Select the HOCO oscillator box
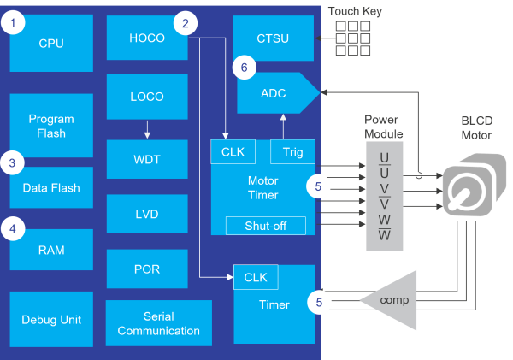tap(146, 39)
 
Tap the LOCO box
tap(146, 97)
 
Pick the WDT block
tap(146, 159)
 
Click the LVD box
tap(146, 214)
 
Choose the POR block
tap(146, 269)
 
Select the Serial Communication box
tap(159, 323)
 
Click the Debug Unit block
tap(51, 319)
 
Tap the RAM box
tap(51, 250)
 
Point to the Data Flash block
tap(51, 187)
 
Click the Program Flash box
tap(51, 126)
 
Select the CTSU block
tap(274, 38)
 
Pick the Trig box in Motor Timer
tap(292, 151)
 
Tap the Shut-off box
tap(264, 225)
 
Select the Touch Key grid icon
tap(353, 38)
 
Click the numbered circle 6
tap(244, 66)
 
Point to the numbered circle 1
tap(12, 23)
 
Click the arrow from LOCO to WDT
tap(147, 129)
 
